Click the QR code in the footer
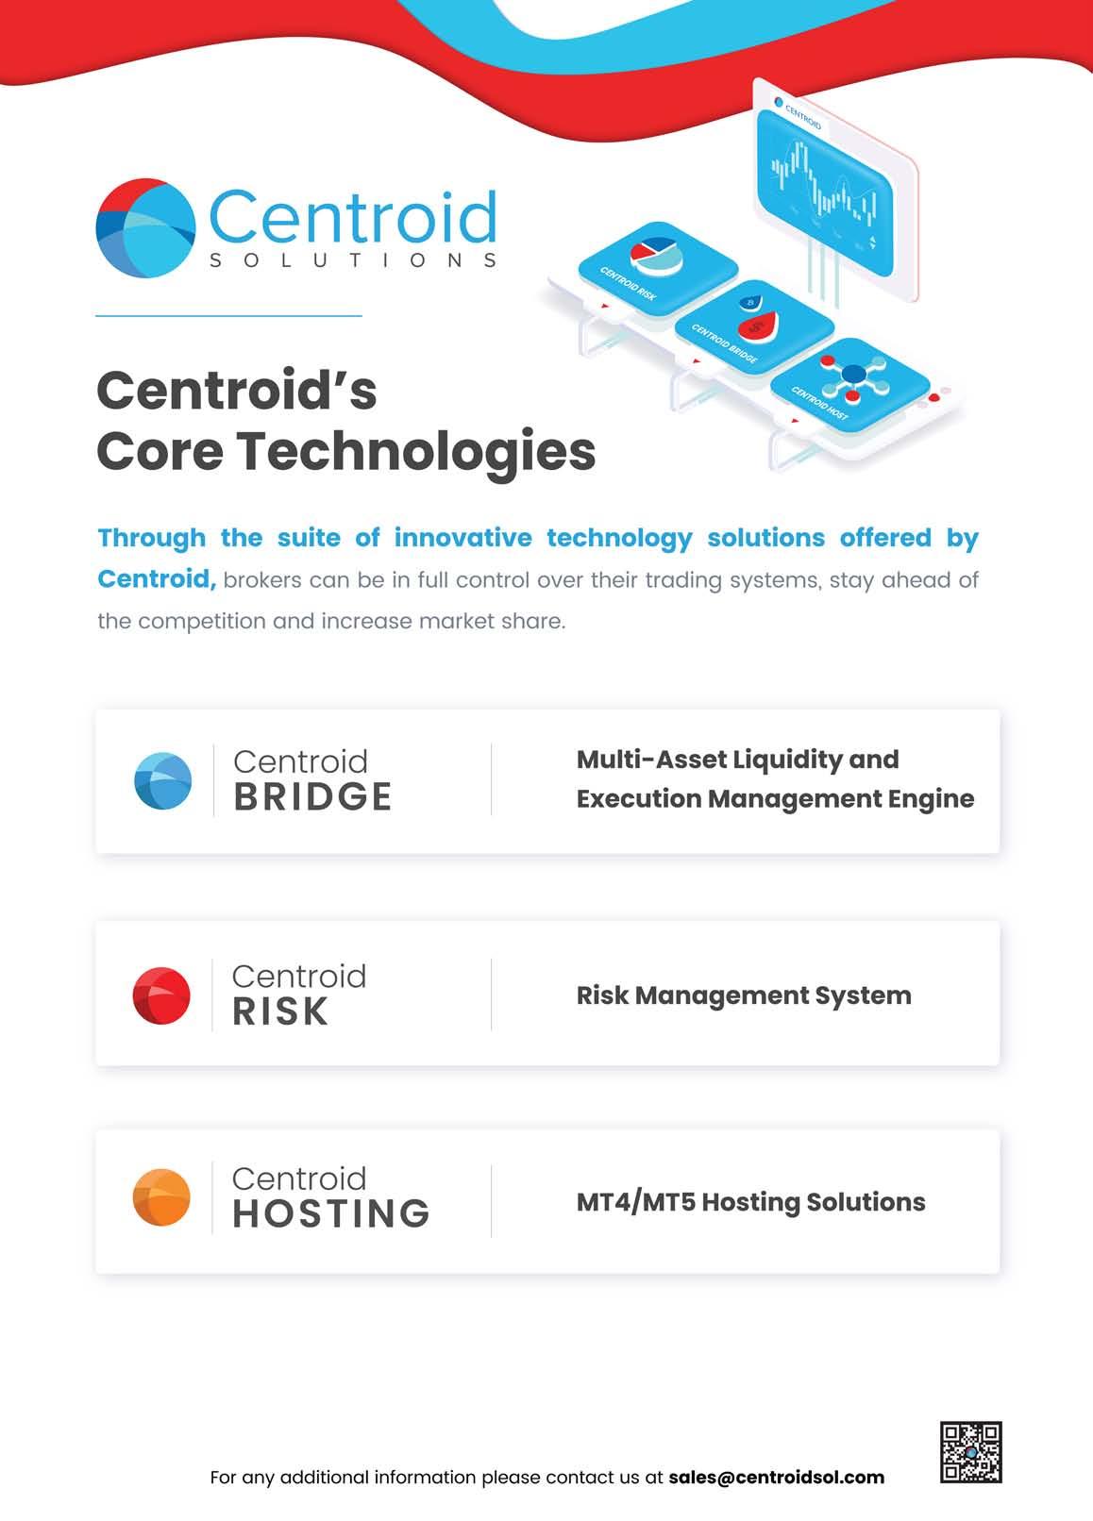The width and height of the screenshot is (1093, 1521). coord(970,1452)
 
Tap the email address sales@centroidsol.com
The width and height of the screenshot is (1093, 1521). coord(776,1478)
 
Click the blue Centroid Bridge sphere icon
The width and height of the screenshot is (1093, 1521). coord(162,781)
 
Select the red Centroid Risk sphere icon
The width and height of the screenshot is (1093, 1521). coord(161,994)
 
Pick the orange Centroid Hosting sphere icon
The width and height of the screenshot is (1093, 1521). coord(161,1197)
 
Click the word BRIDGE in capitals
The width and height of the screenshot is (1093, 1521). coord(312,797)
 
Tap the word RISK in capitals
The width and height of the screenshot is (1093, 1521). coord(280,1011)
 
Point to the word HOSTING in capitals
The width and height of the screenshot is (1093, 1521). coord(330,1214)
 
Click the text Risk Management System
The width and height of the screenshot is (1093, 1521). coord(744,995)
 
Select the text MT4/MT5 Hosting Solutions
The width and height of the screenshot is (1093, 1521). coord(750,1202)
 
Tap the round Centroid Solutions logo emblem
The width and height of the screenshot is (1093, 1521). coord(145,227)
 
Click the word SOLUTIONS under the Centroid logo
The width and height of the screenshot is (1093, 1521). coord(352,260)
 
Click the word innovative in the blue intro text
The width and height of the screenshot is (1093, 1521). coord(462,538)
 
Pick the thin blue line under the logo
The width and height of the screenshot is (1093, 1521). coord(228,316)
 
